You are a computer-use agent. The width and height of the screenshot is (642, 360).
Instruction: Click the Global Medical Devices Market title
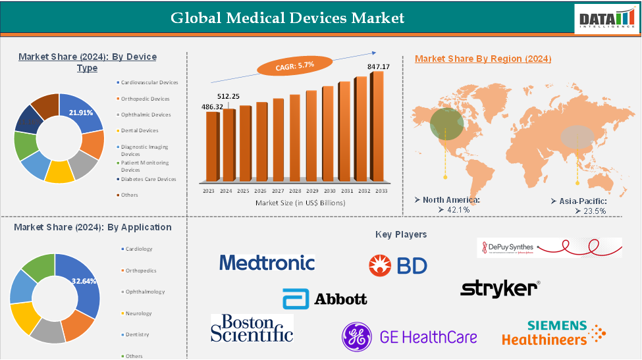tap(288, 17)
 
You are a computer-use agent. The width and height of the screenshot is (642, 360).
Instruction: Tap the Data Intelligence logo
tap(606, 18)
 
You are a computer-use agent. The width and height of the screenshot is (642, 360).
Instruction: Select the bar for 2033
tap(377, 125)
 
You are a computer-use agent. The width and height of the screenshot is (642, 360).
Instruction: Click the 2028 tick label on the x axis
tap(294, 190)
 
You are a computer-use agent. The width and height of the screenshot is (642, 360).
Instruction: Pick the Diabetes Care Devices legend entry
tap(147, 179)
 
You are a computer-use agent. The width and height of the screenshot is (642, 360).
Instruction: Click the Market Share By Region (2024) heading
tap(483, 59)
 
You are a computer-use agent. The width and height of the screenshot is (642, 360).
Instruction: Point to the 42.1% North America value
tap(454, 209)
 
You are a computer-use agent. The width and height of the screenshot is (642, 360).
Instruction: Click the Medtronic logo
tap(267, 263)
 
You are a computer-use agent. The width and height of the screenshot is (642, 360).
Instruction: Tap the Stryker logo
tap(500, 288)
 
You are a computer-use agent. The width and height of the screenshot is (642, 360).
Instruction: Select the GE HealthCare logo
tap(409, 337)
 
